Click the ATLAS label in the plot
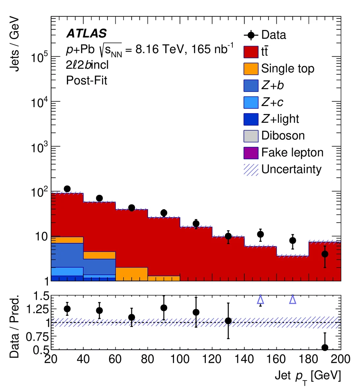tap(86, 34)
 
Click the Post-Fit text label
tap(86, 80)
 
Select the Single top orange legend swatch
tap(251, 68)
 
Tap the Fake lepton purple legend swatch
tap(251, 152)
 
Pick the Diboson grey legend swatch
tap(251, 135)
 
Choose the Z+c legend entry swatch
tap(251, 102)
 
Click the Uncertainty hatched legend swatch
tap(251, 169)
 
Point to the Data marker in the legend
tap(251, 35)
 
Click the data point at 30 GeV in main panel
tap(67, 189)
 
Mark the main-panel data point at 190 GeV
tap(325, 254)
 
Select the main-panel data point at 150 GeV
tap(260, 234)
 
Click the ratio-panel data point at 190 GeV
tap(325, 347)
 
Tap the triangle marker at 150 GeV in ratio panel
tap(260, 299)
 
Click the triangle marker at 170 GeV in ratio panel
tap(293, 299)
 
